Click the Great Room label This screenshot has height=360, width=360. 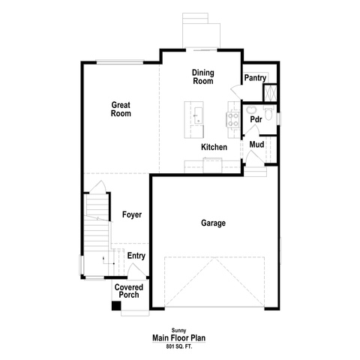[121, 109]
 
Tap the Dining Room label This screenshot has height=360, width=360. [203, 76]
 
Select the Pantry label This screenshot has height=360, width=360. [255, 78]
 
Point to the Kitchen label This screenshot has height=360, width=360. [214, 147]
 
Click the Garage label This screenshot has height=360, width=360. [213, 223]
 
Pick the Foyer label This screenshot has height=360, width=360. [132, 214]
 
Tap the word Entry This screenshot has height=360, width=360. [136, 256]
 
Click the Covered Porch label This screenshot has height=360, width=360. [129, 291]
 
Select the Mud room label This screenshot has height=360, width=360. [256, 145]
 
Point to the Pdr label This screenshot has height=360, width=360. [256, 119]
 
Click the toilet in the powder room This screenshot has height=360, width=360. [268, 113]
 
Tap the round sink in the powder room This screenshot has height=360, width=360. [250, 109]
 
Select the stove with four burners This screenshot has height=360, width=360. [232, 119]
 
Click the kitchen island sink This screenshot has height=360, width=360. [198, 115]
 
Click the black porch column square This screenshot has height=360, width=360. [116, 306]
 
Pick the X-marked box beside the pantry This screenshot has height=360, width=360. [271, 93]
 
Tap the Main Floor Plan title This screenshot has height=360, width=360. [179, 338]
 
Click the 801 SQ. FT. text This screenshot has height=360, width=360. [179, 346]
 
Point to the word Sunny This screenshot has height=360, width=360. [178, 331]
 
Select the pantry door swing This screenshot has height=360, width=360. [235, 91]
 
